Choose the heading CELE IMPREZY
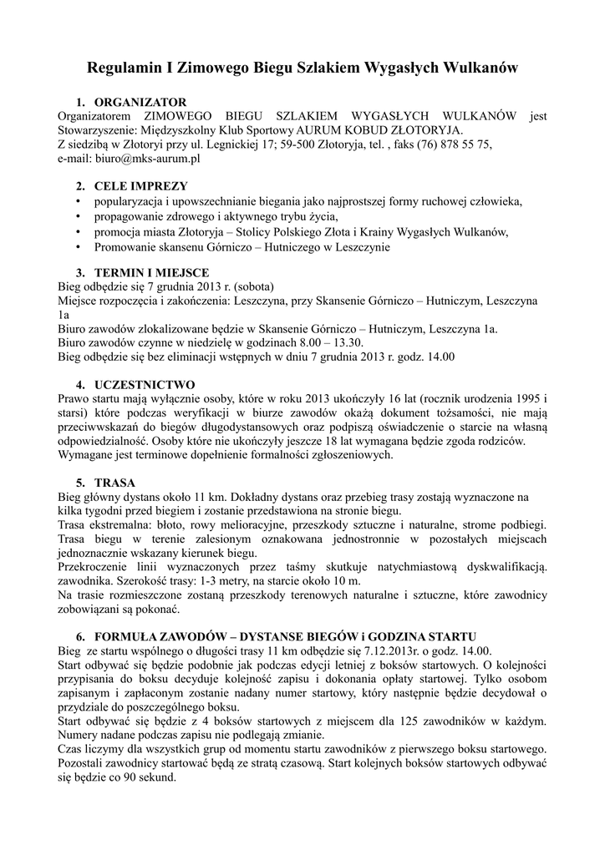[x=140, y=186]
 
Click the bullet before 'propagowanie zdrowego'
[x=78, y=217]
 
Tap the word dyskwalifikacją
[x=496, y=567]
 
